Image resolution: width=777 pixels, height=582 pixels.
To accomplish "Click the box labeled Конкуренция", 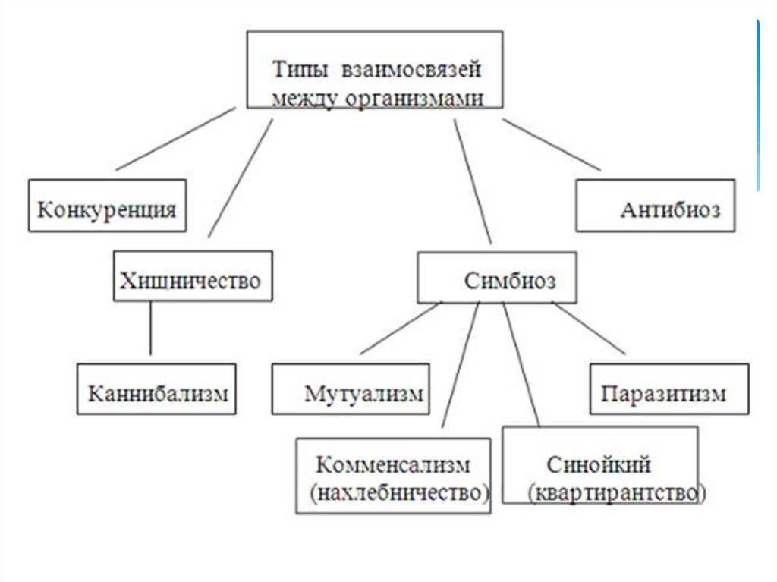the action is pos(107,206).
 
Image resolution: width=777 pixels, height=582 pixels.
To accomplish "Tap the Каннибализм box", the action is pos(157,389).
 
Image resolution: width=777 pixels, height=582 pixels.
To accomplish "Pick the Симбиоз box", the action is pos(497,277).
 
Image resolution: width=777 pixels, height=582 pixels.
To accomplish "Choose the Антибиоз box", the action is pos(655,205).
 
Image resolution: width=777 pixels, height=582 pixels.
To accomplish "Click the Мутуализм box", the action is pos(351,389).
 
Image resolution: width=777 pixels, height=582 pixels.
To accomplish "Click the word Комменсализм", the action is pos(392,464).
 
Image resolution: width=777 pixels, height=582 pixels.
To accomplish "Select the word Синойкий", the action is pos(598,464).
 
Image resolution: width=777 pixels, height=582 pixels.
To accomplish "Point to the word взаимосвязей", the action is pos(411,71).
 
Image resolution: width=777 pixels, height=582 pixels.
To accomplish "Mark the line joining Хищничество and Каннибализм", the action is pos(149,328).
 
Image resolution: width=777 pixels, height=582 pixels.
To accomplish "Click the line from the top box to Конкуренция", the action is pos(175,138).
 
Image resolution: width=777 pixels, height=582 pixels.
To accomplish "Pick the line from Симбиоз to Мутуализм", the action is pos(401,328).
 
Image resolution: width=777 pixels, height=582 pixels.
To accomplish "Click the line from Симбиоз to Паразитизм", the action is pos(589,328).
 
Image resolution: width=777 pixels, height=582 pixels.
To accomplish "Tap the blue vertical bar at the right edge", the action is pos(757,106).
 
